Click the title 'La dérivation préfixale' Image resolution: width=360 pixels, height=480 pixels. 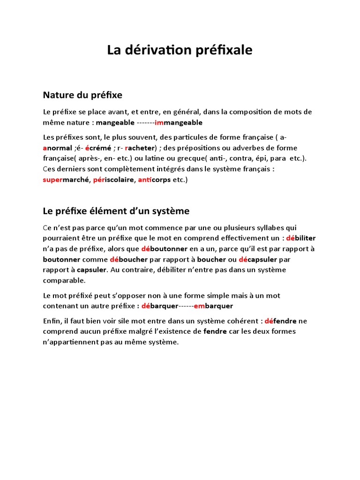click(x=180, y=50)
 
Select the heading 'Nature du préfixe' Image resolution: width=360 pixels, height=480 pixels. click(x=82, y=95)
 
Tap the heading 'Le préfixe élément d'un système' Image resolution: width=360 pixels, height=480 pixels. click(x=116, y=211)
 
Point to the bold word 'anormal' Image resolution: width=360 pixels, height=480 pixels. click(x=57, y=148)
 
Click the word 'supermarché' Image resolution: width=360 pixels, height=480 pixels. click(x=66, y=180)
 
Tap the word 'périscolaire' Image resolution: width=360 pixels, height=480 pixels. click(x=113, y=180)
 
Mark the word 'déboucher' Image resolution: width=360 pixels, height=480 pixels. click(x=129, y=259)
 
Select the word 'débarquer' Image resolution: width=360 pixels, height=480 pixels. click(x=160, y=306)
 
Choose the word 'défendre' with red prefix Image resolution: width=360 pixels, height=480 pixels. click(x=280, y=321)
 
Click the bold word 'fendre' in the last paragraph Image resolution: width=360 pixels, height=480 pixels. click(x=215, y=332)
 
